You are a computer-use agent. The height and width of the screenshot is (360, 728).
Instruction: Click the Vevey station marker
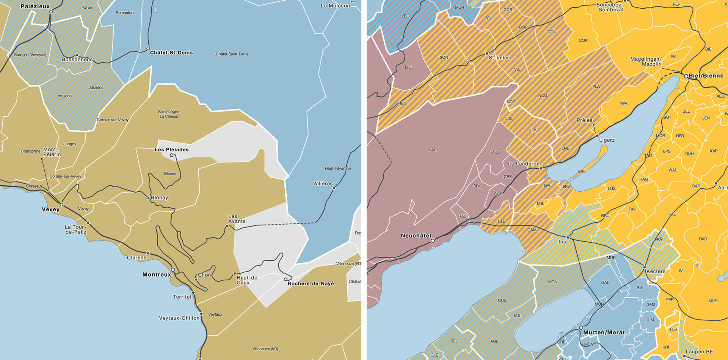point(61,205)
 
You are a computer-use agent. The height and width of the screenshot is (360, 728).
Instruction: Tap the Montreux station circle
point(173,270)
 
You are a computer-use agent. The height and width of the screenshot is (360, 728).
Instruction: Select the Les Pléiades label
point(171,149)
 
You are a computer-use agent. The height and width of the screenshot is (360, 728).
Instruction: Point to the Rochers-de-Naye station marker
point(286,279)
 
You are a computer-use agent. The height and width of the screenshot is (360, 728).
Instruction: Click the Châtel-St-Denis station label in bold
point(171,53)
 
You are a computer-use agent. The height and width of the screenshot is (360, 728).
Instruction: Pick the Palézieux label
point(35,6)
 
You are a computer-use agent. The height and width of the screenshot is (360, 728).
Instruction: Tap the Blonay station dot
point(149,198)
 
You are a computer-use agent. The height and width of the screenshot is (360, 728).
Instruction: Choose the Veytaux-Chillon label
point(179,318)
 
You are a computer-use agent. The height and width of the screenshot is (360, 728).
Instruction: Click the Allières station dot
point(334,188)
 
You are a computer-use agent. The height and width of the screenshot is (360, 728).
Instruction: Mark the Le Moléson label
point(335,6)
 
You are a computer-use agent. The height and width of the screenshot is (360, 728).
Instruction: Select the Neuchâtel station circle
point(433,241)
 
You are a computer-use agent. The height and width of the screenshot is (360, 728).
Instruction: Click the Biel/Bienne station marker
point(686,76)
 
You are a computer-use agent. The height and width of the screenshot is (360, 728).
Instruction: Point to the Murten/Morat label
point(604,332)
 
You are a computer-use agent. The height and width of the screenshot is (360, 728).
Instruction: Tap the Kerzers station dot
point(644,267)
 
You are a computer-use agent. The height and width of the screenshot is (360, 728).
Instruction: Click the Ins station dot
point(568,237)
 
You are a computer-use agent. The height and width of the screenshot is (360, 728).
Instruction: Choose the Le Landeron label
point(523,164)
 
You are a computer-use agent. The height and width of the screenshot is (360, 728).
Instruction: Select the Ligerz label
point(607,140)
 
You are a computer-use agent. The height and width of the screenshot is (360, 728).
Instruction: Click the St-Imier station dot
point(487,53)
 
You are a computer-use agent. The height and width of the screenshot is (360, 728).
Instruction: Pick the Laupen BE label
point(699,352)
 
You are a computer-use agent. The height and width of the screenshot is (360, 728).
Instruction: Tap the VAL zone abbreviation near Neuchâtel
point(432,150)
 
